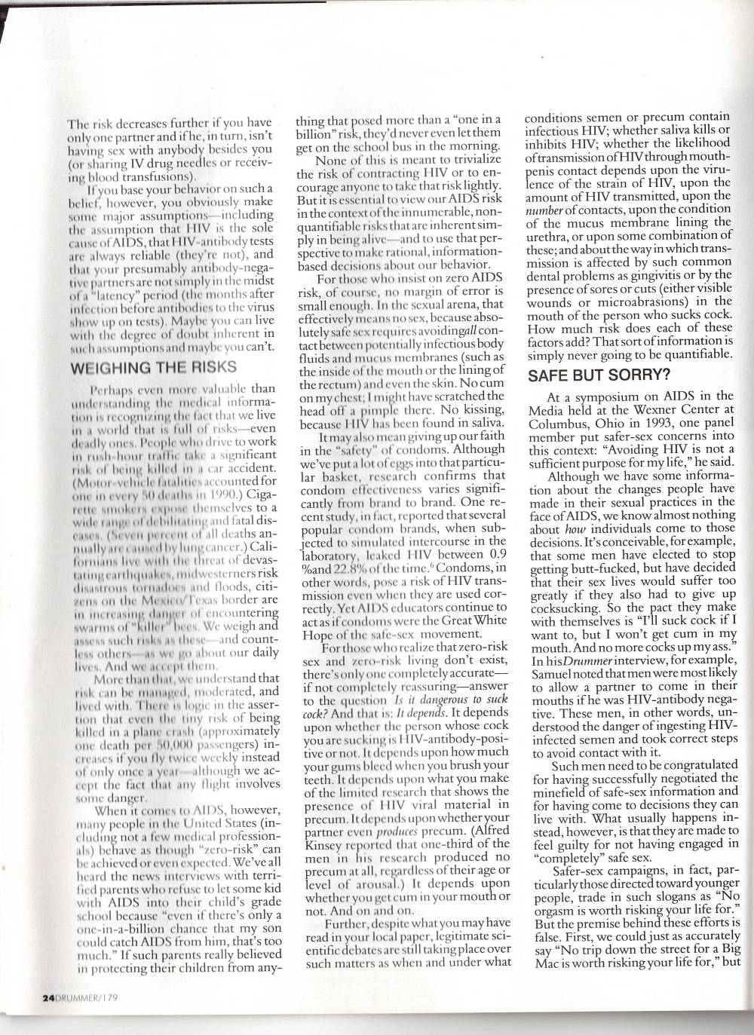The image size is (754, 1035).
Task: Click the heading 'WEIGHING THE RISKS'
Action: [x=155, y=367]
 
